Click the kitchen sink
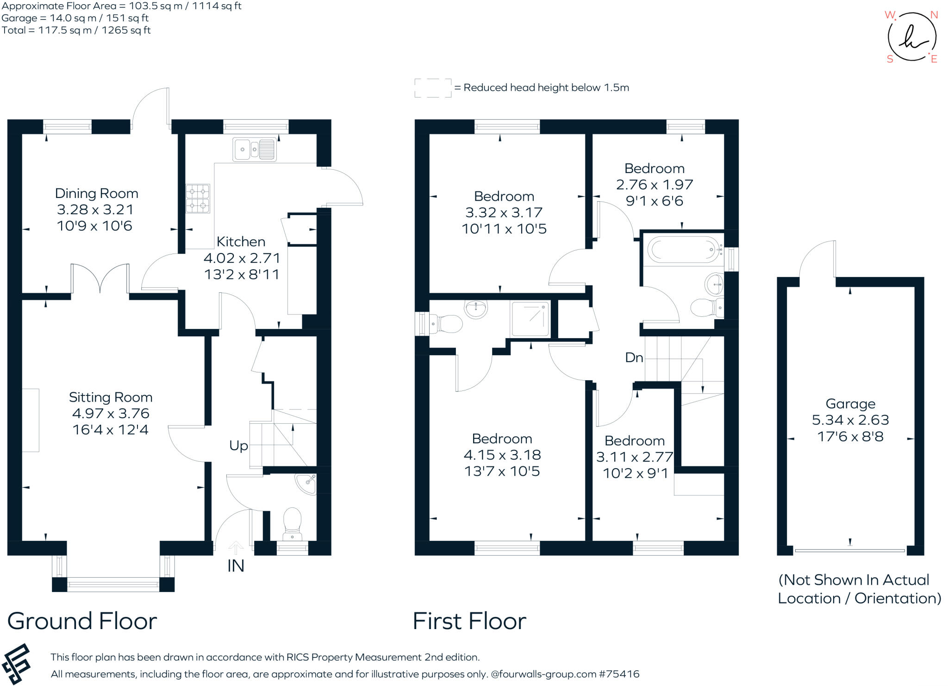[x=255, y=149]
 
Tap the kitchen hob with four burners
[x=198, y=198]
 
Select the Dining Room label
[x=96, y=193]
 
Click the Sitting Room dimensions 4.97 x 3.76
[x=111, y=414]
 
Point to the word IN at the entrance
[x=236, y=566]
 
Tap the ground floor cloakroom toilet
[x=292, y=523]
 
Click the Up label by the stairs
[x=238, y=445]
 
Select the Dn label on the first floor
[x=634, y=358]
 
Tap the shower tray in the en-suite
[x=530, y=319]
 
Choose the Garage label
[x=850, y=404]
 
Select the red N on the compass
[x=934, y=15]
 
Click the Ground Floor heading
[x=82, y=621]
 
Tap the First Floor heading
[x=469, y=621]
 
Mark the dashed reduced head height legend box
[x=432, y=88]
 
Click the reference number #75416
[x=619, y=674]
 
